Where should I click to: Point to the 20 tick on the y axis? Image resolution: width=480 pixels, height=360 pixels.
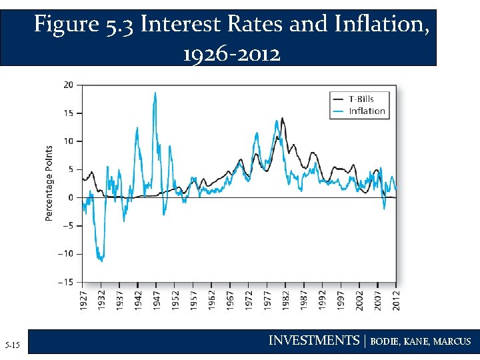[69, 85]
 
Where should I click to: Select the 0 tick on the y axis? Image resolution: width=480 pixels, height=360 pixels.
[71, 197]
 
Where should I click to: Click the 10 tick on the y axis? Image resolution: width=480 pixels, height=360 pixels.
[69, 141]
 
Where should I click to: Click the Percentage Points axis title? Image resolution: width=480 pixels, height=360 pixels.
[49, 183]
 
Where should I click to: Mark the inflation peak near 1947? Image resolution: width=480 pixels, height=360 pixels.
[155, 93]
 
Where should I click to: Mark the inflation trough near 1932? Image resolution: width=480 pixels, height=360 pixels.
[101, 261]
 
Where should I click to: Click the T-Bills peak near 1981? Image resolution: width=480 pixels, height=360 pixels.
[282, 118]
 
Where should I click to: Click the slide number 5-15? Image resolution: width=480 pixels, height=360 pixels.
[13, 345]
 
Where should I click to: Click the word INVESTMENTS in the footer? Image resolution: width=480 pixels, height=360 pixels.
[313, 341]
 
